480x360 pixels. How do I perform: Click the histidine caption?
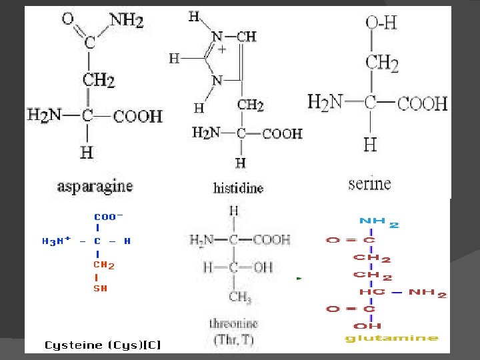pos(238,188)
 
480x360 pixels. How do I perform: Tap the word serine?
pos(369,183)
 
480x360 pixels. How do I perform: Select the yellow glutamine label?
pos(391,339)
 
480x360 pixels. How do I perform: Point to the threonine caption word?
pos(233,325)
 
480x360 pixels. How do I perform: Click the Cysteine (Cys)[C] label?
pos(103,345)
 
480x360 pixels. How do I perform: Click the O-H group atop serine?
pos(381,23)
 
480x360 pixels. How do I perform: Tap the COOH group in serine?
pos(423,103)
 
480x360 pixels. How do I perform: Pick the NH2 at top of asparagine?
pos(126,20)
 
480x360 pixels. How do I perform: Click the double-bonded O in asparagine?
pos(68,19)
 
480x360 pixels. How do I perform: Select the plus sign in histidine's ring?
pos(222,49)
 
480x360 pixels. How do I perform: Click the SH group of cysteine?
pos(100,289)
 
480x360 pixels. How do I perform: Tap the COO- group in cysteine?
pos(108,217)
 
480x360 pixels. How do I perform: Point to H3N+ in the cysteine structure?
pos(57,241)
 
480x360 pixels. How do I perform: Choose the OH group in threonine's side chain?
pos(263,268)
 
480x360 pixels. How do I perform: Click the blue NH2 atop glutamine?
pos(379,222)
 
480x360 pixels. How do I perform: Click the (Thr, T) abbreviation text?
pos(233,339)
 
